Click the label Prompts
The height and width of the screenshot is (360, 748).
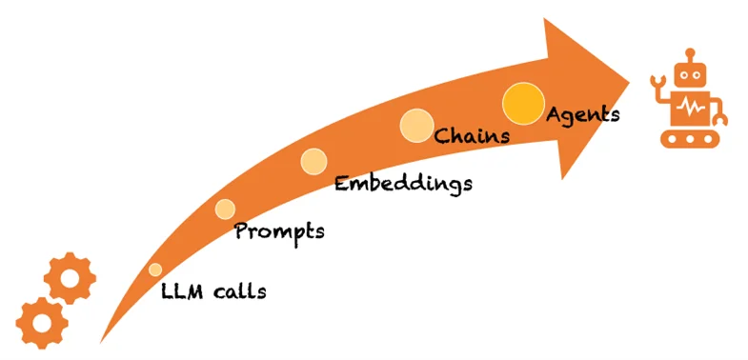click(x=279, y=231)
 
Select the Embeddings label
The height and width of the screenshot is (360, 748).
click(x=403, y=183)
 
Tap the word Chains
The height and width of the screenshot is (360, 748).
click(x=472, y=135)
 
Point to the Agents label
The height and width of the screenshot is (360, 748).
click(x=583, y=114)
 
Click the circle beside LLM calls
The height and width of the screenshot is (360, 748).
click(x=155, y=270)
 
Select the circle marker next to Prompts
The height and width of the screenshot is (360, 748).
click(x=225, y=209)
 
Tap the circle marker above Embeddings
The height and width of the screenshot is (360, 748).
click(x=313, y=161)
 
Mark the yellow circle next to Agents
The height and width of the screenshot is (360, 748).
click(x=522, y=103)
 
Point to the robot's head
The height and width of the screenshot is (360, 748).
click(x=689, y=75)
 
